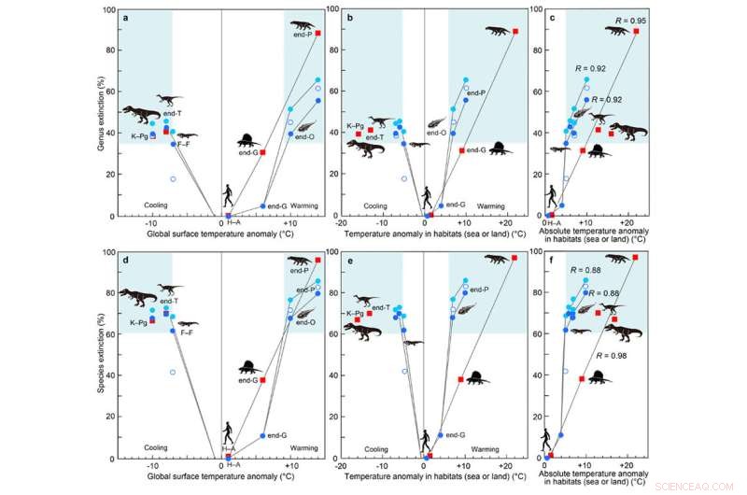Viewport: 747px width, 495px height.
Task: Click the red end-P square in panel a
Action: coord(317,34)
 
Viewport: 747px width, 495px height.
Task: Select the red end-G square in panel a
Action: coord(262,152)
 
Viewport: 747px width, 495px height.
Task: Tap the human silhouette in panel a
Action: coord(228,197)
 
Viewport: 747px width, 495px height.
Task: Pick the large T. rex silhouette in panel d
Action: coord(138,301)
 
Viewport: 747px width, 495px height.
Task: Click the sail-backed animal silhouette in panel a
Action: coord(247,143)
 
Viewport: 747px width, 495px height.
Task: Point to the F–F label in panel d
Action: coord(187,333)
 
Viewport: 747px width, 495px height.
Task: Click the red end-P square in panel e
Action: coord(514,258)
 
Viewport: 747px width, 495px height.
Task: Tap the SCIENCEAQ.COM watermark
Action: coord(701,486)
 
